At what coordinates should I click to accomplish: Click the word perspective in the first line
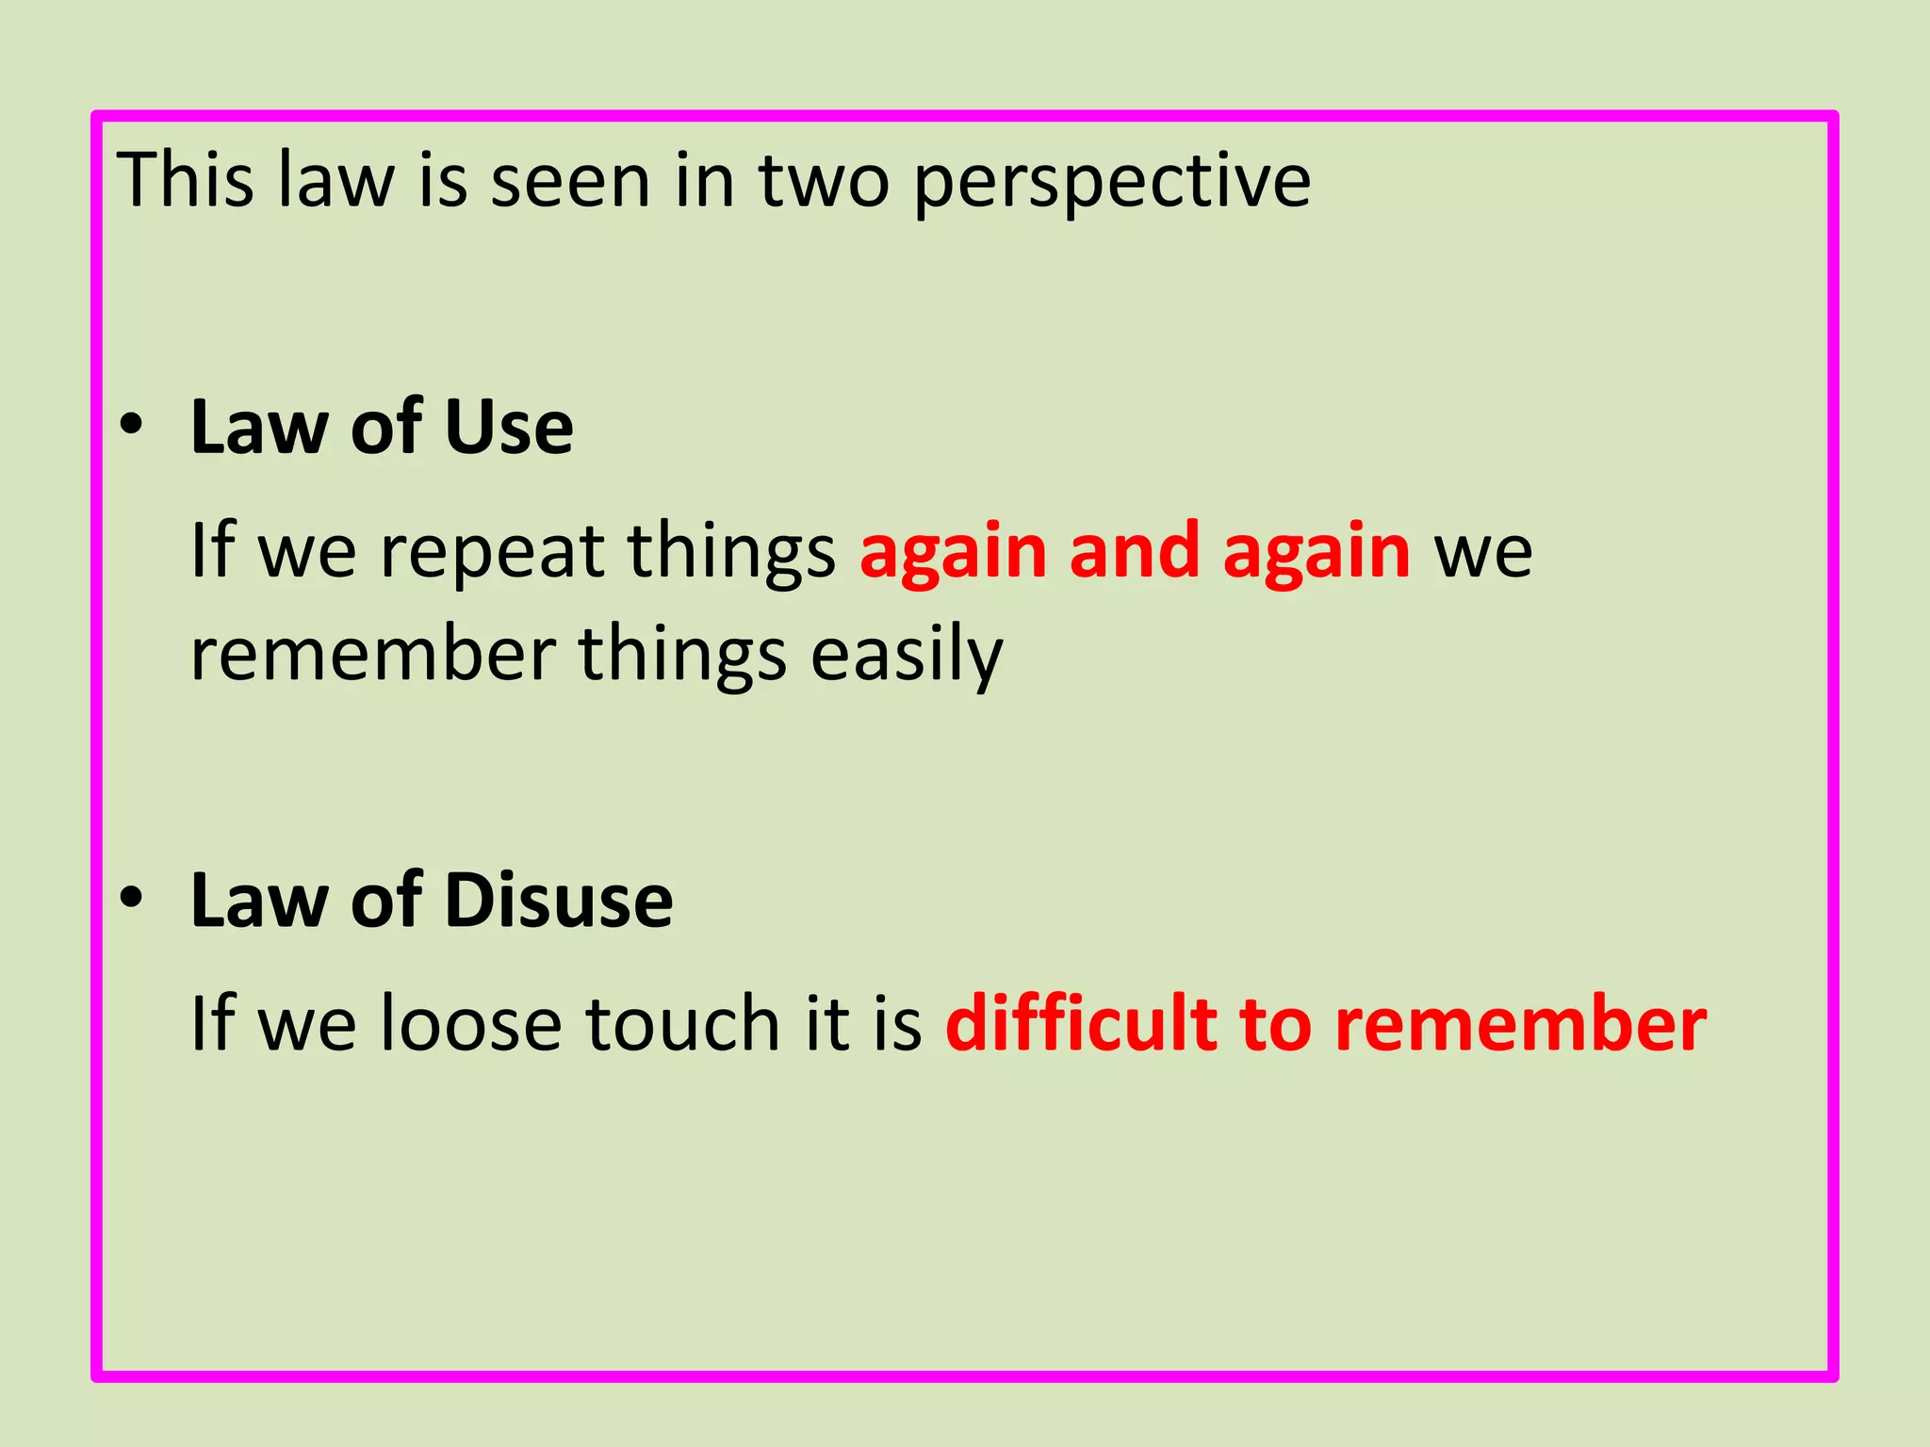pyautogui.click(x=1112, y=181)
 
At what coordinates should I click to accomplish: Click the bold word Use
pyautogui.click(x=508, y=428)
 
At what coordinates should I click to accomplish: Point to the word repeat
pyautogui.click(x=491, y=552)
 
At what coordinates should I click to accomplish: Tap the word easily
pyautogui.click(x=907, y=656)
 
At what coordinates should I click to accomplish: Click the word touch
pyautogui.click(x=682, y=1023)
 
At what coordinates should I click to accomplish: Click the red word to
pyautogui.click(x=1275, y=1025)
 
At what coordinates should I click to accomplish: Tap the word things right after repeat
pyautogui.click(x=731, y=552)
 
